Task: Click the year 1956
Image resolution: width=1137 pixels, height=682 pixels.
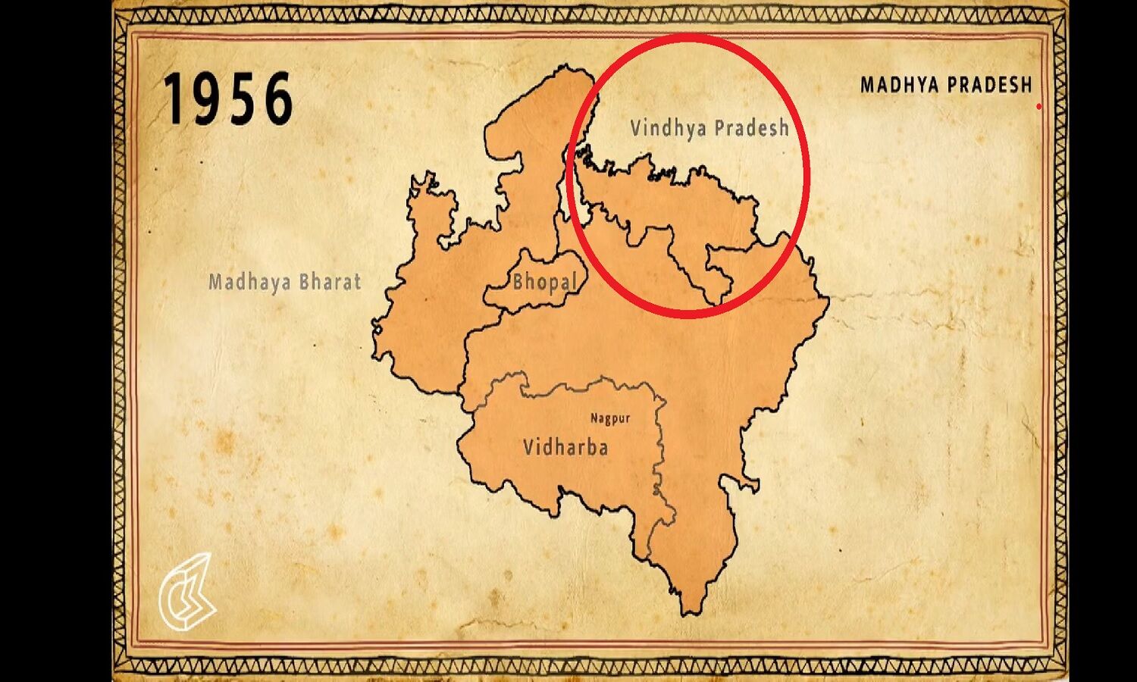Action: pos(227,99)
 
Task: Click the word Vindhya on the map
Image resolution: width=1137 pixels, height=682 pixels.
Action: pos(666,128)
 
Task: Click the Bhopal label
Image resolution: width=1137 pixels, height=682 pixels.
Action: pos(546,282)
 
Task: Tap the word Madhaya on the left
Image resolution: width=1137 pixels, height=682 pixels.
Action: pos(249,282)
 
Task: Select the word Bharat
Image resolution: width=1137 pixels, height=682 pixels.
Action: pos(330,282)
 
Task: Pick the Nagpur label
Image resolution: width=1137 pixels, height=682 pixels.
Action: pos(610,418)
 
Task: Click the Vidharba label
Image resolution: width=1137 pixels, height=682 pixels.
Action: pos(565,447)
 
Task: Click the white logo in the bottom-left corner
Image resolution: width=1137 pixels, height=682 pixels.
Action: pos(186,592)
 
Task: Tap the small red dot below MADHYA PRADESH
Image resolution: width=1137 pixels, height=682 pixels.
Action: pos(1038,107)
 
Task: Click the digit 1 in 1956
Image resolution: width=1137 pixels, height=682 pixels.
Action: pos(173,99)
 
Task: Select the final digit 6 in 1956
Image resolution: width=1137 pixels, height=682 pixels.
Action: pos(278,99)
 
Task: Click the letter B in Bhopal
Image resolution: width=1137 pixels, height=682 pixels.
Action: pos(519,281)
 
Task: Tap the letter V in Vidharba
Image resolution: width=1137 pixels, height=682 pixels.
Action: pos(529,447)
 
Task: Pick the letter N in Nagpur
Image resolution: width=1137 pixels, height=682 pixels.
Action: pos(595,417)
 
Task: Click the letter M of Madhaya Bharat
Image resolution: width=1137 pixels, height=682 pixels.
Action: pos(215,282)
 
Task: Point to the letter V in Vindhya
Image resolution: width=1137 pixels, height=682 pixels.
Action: pos(636,127)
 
